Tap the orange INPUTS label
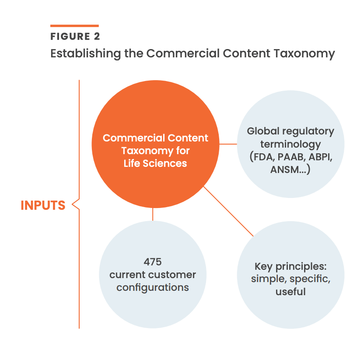pyautogui.click(x=43, y=205)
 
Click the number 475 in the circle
pyautogui.click(x=153, y=262)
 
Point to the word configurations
pyautogui.click(x=153, y=288)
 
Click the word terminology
pyautogui.click(x=290, y=144)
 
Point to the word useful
pyautogui.click(x=290, y=291)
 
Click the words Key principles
pyautogui.click(x=290, y=266)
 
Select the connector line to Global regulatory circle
pyautogui.click(x=227, y=144)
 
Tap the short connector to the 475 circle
pyautogui.click(x=153, y=214)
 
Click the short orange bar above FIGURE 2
pyautogui.click(x=74, y=26)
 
